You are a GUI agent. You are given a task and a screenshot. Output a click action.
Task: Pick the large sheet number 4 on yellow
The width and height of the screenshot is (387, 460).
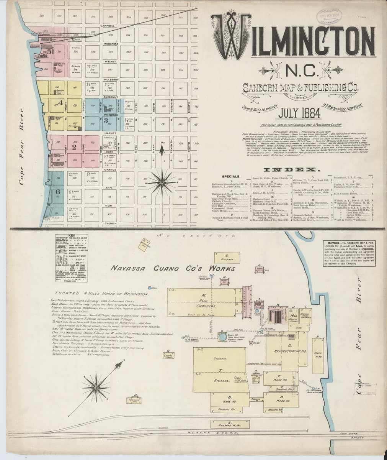[60, 102]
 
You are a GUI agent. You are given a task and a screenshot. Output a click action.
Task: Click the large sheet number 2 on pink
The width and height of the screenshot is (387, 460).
[75, 146]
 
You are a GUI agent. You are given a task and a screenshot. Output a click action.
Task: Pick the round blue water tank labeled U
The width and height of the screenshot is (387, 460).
[223, 337]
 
